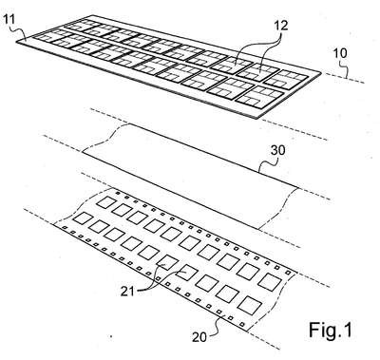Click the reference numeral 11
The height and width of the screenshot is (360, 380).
point(9,20)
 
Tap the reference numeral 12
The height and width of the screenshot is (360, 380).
point(280,25)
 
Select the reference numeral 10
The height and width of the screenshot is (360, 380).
point(340,53)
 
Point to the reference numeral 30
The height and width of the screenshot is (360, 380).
point(277,150)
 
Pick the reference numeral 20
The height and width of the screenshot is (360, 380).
point(199,337)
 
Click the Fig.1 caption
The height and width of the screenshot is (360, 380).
point(331,331)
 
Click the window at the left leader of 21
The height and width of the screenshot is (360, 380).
point(167,262)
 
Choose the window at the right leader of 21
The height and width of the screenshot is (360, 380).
point(185,273)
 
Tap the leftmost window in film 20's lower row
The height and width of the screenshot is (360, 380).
point(82,218)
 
